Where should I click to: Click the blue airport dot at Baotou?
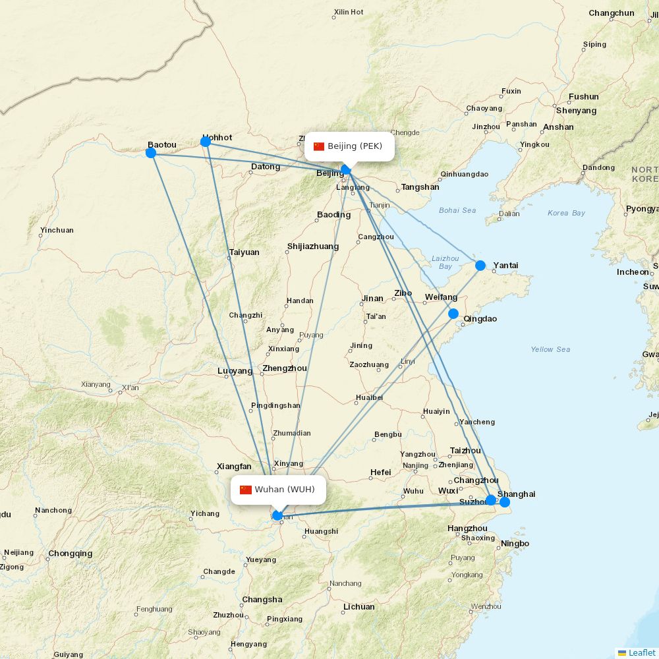(150, 153)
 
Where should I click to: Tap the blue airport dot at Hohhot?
(206, 142)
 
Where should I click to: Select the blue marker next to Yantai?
(480, 266)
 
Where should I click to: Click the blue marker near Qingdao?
(453, 314)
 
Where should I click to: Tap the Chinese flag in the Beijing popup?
(319, 146)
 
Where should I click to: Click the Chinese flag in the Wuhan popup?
(246, 490)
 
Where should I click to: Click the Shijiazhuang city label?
(313, 246)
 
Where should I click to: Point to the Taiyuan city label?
(244, 252)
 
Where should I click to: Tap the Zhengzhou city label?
(285, 368)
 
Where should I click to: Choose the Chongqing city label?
(71, 554)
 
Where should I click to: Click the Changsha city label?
(262, 600)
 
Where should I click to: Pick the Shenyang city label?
(576, 111)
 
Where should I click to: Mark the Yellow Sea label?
(550, 349)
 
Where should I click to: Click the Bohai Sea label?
(457, 210)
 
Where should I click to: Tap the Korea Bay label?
(566, 213)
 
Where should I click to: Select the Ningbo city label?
(515, 544)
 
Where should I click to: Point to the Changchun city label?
(612, 13)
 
